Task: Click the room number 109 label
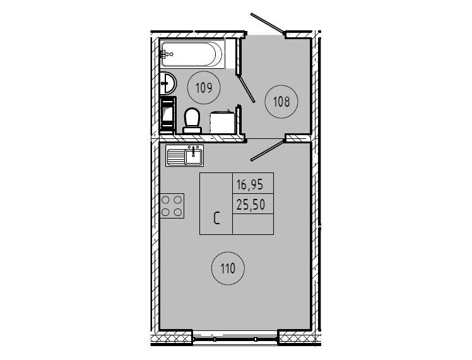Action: [x=204, y=88]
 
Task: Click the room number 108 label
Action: [x=281, y=102]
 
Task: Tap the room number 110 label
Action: [x=228, y=268]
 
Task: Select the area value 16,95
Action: [x=250, y=184]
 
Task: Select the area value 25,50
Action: [x=251, y=205]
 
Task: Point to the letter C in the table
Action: [x=216, y=219]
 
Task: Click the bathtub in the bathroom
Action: [x=192, y=54]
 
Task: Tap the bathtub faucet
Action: [x=167, y=54]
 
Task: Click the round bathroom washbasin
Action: [x=168, y=83]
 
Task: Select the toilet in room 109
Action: [x=192, y=121]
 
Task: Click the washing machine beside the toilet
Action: [x=222, y=122]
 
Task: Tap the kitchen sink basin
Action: [x=193, y=157]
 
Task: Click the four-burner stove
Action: [x=172, y=206]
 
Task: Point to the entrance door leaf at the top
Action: [x=267, y=22]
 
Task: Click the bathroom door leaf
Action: [x=246, y=89]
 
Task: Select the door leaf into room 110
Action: [x=268, y=150]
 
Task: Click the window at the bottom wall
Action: [x=235, y=339]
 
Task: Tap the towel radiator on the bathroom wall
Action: [x=168, y=114]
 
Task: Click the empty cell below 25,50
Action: [x=253, y=224]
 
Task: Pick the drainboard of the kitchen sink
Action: [x=176, y=157]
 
